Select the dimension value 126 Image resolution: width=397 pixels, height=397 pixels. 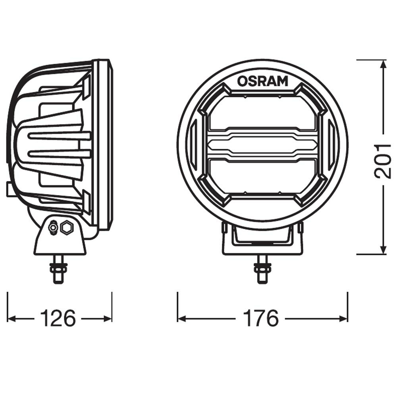click(57, 318)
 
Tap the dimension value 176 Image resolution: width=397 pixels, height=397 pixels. click(262, 318)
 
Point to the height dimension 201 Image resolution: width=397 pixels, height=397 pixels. click(384, 160)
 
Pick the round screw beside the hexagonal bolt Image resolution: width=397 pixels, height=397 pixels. click(52, 228)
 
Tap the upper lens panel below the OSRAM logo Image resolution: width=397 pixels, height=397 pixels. click(262, 113)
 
